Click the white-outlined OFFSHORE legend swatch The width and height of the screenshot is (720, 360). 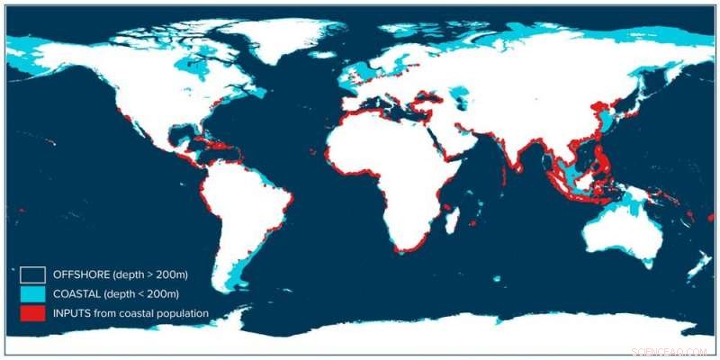32,274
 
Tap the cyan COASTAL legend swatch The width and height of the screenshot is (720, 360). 32,293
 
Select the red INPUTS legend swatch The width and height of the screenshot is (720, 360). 32,313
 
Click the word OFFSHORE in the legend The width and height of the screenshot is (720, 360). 79,274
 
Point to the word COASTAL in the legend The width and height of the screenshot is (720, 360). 77,293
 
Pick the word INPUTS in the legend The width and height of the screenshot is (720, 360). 71,313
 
